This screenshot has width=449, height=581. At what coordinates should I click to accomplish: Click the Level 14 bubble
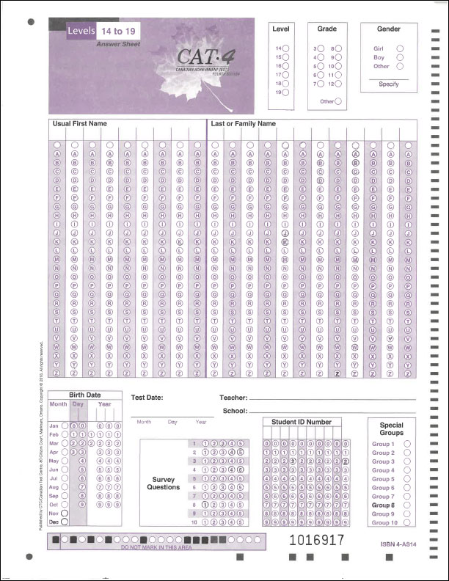click(285, 48)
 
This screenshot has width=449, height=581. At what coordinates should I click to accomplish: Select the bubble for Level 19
click(285, 93)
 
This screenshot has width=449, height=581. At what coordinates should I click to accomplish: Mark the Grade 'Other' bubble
click(337, 101)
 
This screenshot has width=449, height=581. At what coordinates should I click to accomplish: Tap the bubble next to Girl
click(400, 48)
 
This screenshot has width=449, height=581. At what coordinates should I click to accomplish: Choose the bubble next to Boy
click(400, 57)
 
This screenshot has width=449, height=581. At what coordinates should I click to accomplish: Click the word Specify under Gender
click(389, 84)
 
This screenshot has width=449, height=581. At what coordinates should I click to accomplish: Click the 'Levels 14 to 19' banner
click(95, 32)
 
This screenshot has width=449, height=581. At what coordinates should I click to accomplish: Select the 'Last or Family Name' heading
click(243, 124)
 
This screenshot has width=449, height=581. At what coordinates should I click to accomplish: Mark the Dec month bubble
click(65, 522)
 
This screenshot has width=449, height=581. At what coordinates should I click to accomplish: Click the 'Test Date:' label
click(147, 398)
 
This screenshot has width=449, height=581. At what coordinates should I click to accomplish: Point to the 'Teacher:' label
click(233, 398)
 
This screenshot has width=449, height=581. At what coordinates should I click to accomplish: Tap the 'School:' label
click(235, 411)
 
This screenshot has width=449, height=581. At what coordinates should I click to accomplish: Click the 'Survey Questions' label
click(163, 483)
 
